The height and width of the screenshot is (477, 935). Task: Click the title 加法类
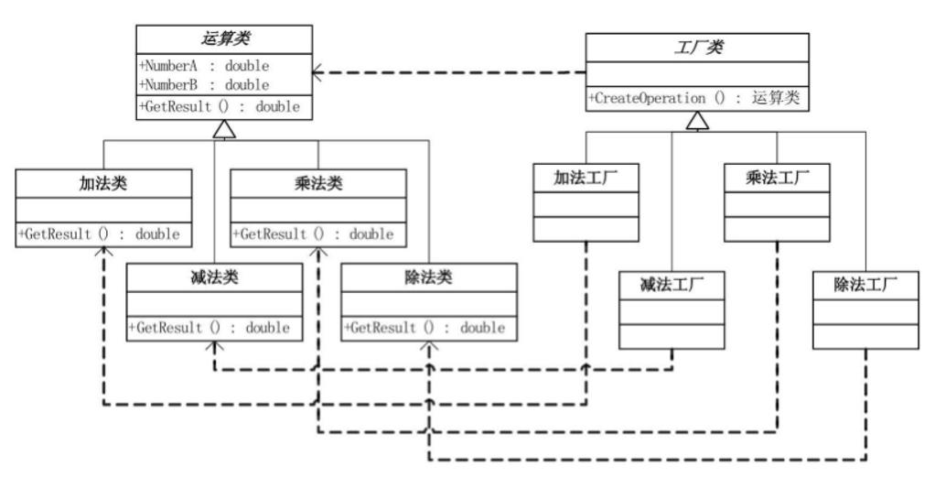pos(103,184)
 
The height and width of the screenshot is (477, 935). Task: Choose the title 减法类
pos(214,277)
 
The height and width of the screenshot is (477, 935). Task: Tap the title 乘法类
pos(317,184)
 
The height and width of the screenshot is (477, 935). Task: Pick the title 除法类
pos(428,277)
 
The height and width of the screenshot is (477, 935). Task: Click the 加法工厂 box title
pos(586,179)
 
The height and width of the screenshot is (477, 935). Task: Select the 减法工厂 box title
pos(672,285)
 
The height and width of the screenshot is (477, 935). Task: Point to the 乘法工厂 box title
pos(777,179)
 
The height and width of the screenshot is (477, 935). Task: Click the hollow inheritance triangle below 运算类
pos(226,130)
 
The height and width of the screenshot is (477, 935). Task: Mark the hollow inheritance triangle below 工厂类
pos(698,120)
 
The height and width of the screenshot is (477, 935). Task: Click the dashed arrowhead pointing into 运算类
pos(317,73)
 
